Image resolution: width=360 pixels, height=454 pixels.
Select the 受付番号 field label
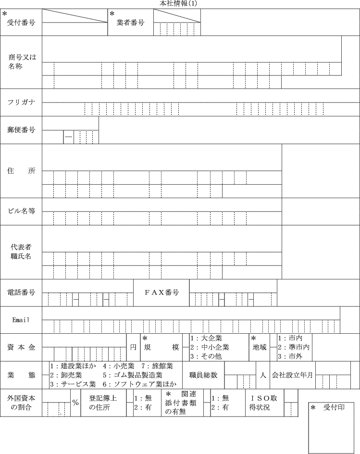point(21,22)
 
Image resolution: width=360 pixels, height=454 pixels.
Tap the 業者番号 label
point(130,22)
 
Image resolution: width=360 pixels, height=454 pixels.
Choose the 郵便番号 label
point(21,130)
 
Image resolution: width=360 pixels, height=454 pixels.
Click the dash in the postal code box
point(69,137)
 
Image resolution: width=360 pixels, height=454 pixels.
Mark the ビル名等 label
point(21,211)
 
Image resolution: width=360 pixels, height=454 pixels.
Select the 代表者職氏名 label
point(21,252)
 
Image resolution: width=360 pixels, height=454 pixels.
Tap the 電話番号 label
point(21,292)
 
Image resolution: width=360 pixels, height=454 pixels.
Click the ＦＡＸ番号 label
point(162,292)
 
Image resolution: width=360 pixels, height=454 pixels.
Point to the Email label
point(21,320)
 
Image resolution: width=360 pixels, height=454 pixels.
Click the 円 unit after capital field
point(134,347)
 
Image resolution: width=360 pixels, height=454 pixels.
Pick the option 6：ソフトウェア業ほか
point(139,384)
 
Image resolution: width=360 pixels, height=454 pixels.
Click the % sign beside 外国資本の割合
point(75,402)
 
